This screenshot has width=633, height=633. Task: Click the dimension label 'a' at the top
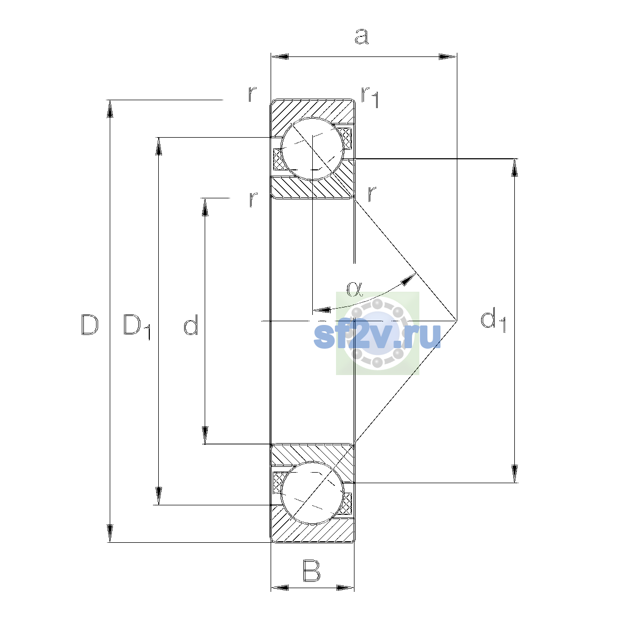(362, 36)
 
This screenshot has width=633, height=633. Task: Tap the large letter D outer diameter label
(90, 324)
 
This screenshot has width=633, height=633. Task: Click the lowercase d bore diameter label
(191, 324)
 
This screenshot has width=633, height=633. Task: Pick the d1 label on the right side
(493, 320)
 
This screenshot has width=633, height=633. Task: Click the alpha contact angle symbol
(354, 289)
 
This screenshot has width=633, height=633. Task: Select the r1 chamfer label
(370, 97)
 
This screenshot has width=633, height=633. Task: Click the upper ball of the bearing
(312, 149)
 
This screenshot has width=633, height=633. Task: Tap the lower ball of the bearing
(312, 493)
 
